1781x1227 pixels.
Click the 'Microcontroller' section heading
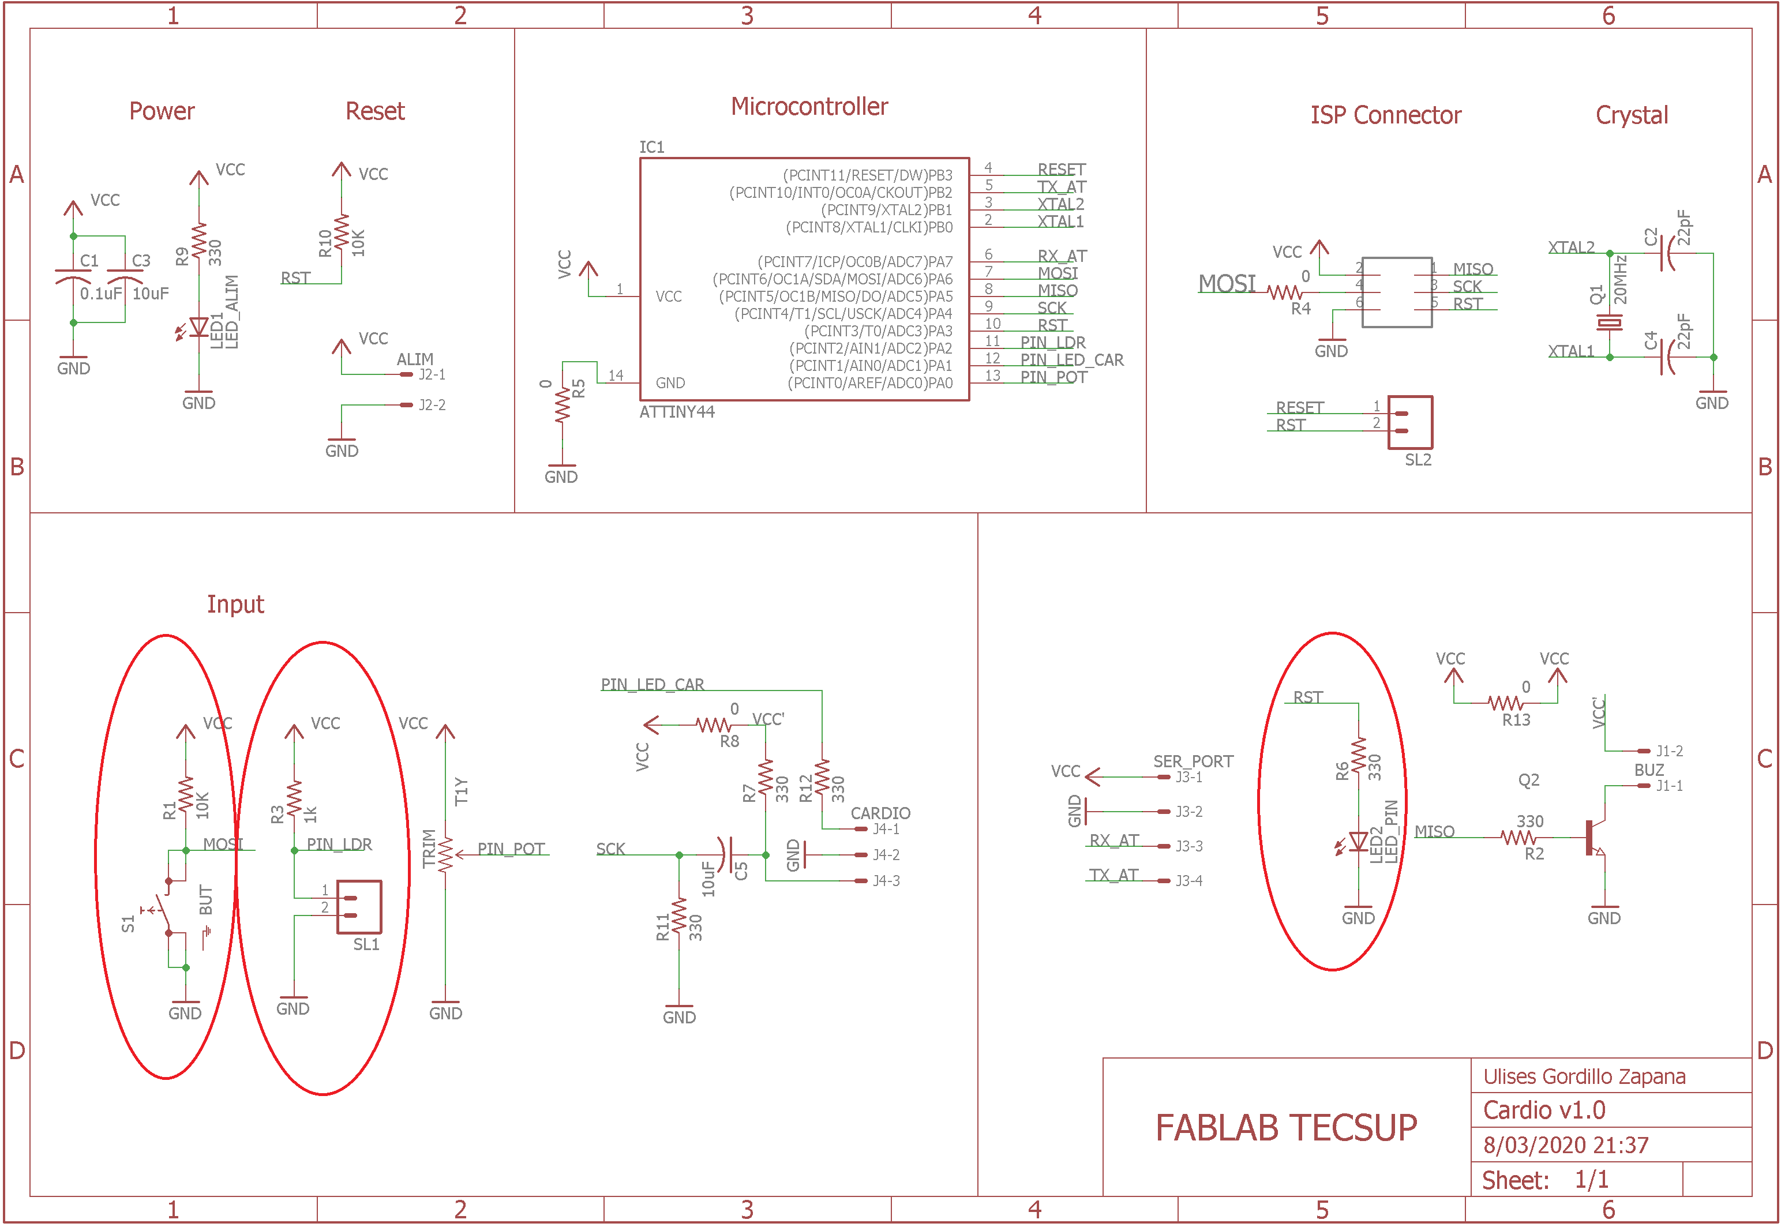[x=809, y=107]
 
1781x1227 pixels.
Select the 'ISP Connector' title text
[x=1385, y=115]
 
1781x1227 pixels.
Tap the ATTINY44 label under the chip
[x=676, y=412]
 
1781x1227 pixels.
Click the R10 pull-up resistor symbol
[x=342, y=234]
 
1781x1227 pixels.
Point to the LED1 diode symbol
[x=198, y=328]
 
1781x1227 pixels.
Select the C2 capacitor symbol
[x=1666, y=253]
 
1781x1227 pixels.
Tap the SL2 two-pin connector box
[x=1409, y=422]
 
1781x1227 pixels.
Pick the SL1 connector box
[x=359, y=907]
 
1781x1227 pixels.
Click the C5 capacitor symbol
[x=726, y=854]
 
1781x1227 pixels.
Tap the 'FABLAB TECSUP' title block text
[x=1286, y=1128]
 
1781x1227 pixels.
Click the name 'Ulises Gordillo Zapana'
[x=1584, y=1076]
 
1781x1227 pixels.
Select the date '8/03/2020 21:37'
[x=1565, y=1146]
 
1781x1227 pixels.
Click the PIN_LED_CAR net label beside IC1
[x=1071, y=360]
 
